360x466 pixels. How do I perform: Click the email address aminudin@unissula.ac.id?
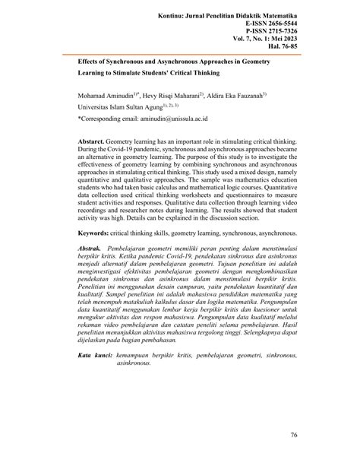[179, 119]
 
